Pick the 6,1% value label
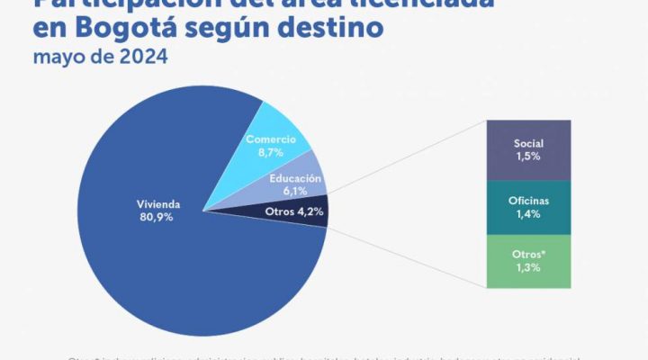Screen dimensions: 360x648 pyautogui.click(x=295, y=191)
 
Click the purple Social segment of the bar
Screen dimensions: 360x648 pyautogui.click(x=528, y=149)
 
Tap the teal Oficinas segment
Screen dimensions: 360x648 pyautogui.click(x=528, y=207)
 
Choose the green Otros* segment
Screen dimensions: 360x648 pyautogui.click(x=528, y=261)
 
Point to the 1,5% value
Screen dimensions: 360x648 pyautogui.click(x=528, y=157)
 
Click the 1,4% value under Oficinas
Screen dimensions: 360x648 pyautogui.click(x=528, y=215)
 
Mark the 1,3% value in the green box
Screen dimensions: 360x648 pyautogui.click(x=528, y=268)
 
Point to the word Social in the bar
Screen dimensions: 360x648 pyautogui.click(x=528, y=143)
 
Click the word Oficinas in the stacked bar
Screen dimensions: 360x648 pyautogui.click(x=528, y=201)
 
